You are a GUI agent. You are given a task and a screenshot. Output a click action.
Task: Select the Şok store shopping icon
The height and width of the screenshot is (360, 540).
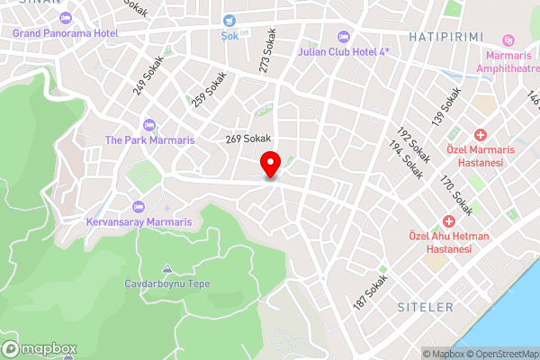(x=230, y=21)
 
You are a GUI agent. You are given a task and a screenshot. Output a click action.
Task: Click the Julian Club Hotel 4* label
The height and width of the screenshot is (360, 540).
(x=348, y=51)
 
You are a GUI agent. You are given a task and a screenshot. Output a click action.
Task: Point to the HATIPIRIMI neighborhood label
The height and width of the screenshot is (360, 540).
(x=446, y=36)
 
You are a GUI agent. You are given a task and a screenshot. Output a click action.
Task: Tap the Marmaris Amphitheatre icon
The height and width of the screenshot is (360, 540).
(x=509, y=40)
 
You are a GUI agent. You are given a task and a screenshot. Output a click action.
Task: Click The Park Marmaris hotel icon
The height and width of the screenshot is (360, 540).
(x=149, y=124)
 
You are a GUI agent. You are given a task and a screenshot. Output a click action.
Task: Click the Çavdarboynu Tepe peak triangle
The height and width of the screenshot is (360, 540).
(x=167, y=269)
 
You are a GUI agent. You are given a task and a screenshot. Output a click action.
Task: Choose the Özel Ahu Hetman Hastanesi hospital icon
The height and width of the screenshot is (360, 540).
(x=449, y=221)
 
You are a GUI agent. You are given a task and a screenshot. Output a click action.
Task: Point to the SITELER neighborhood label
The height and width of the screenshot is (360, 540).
(x=426, y=308)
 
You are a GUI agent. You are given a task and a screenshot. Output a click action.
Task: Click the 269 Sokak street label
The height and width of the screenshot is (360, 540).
(x=247, y=139)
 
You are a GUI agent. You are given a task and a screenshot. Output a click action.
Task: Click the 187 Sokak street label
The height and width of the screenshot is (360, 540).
(x=372, y=293)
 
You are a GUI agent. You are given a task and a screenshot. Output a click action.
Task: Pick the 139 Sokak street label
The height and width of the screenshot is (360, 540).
(x=446, y=106)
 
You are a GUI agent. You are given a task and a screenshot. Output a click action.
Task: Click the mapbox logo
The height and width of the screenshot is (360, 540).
(x=39, y=348)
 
